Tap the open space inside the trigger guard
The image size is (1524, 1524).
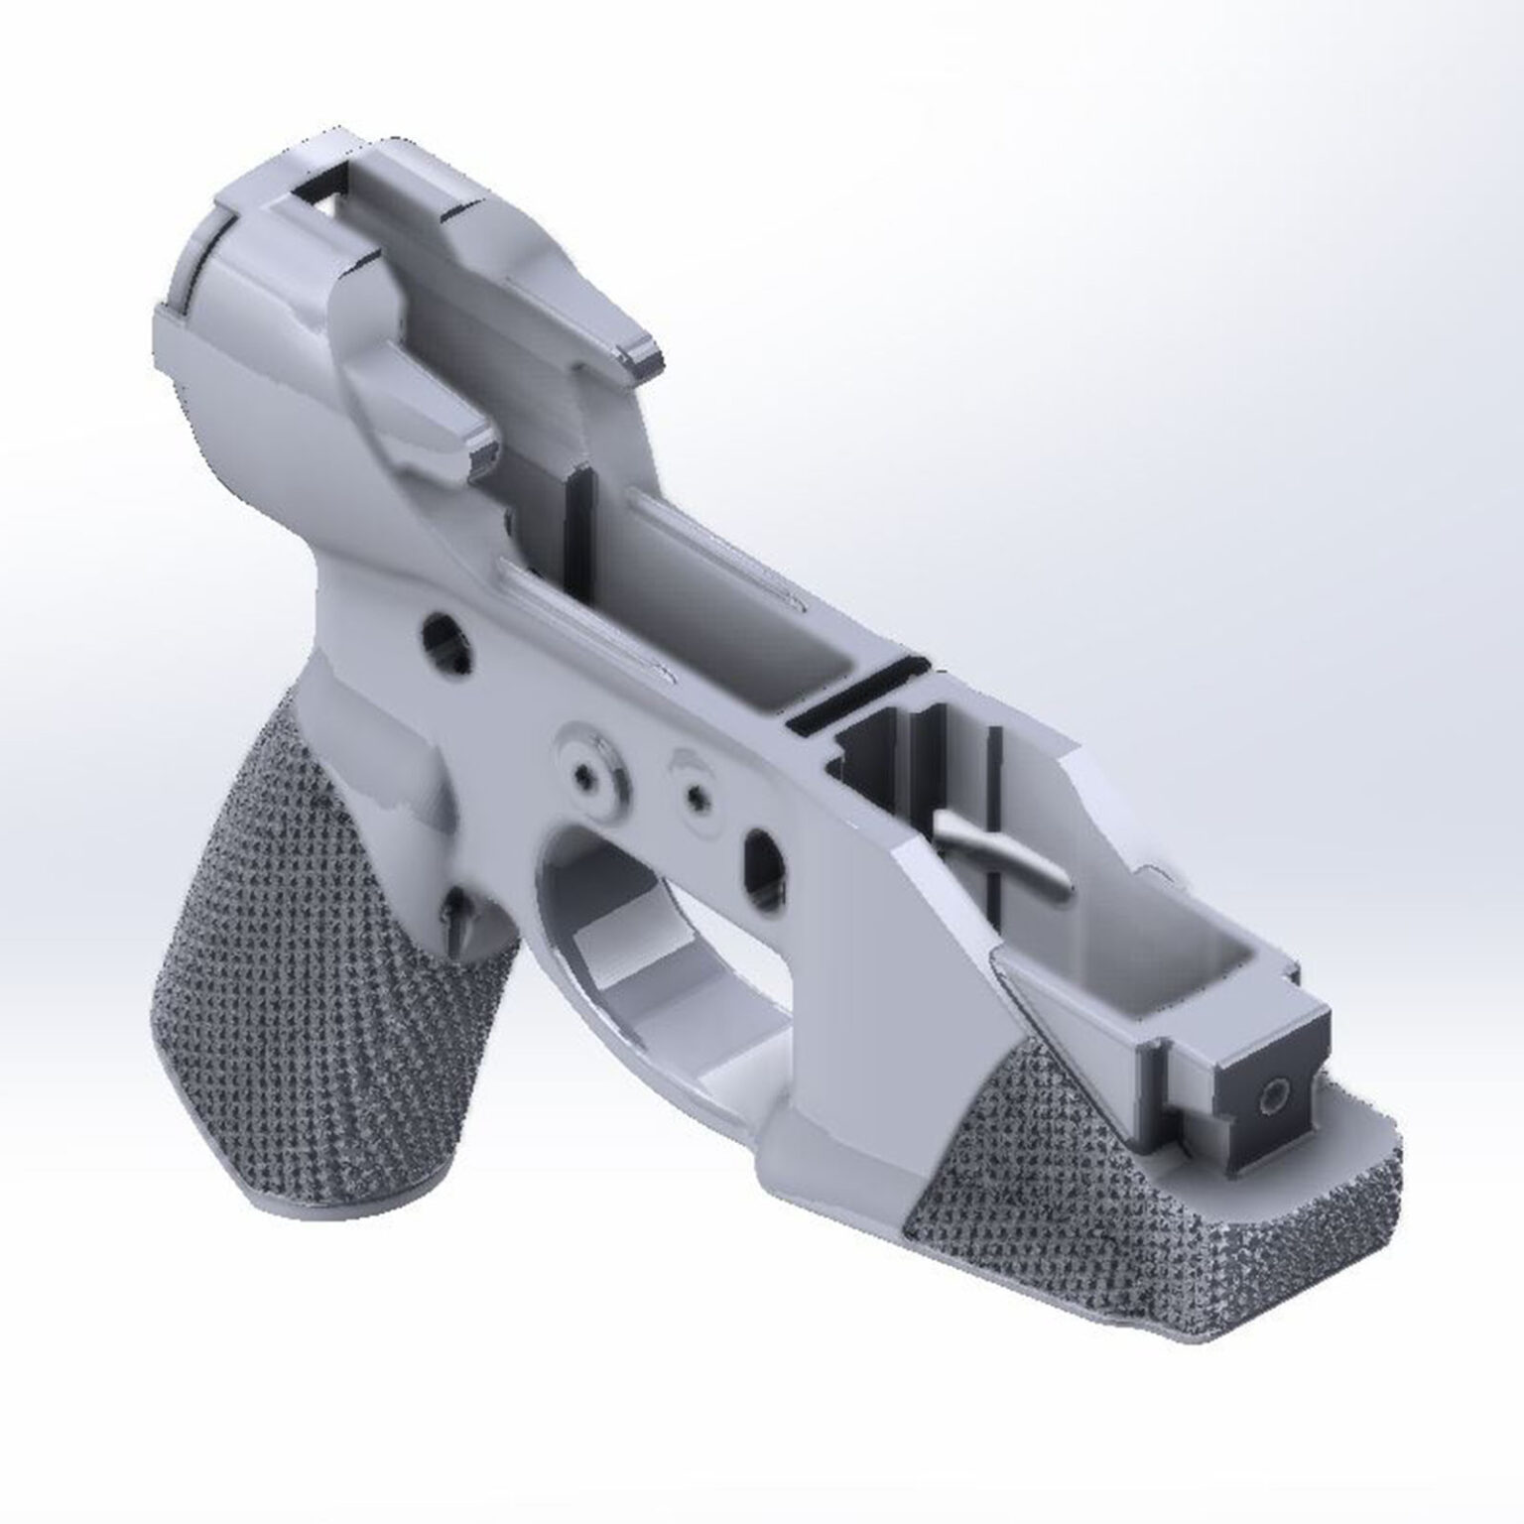635,952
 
